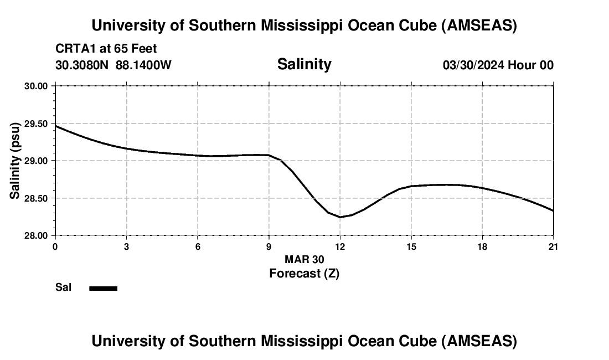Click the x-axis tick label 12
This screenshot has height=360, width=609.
tap(340, 246)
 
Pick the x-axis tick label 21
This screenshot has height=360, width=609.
tap(553, 246)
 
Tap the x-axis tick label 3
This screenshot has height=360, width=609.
tap(127, 246)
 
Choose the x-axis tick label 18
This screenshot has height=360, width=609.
tap(482, 246)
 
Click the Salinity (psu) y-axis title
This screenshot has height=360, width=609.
tap(15, 161)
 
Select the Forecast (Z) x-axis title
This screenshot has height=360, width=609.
tap(304, 274)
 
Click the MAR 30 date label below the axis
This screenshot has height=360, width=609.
tap(304, 259)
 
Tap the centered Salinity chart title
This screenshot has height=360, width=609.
tap(304, 64)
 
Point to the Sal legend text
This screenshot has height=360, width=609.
tap(63, 287)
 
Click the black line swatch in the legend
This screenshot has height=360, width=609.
tap(103, 288)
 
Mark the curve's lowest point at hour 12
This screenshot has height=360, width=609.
tap(340, 217)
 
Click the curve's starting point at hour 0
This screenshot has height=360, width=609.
tap(56, 126)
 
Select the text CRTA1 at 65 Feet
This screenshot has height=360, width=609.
tap(106, 49)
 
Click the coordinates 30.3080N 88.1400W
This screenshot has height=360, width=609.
tap(113, 65)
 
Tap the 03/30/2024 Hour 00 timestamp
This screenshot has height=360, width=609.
tap(498, 65)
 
